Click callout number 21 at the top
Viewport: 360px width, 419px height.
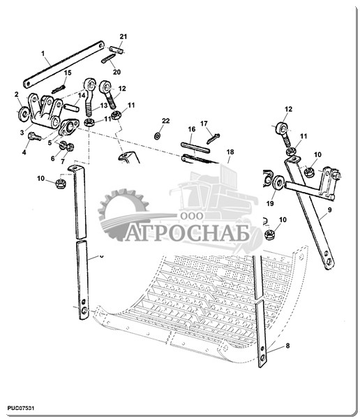pyautogui.click(x=123, y=36)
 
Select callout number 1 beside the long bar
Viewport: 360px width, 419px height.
pyautogui.click(x=43, y=54)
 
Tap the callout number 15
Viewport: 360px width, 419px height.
pyautogui.click(x=68, y=73)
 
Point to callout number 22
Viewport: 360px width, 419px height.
pyautogui.click(x=165, y=121)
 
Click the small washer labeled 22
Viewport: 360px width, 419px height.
pyautogui.click(x=157, y=136)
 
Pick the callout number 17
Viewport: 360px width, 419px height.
pyautogui.click(x=204, y=124)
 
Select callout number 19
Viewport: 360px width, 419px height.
pyautogui.click(x=270, y=203)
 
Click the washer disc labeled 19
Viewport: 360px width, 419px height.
pyautogui.click(x=278, y=182)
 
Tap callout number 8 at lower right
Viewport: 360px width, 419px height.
pyautogui.click(x=287, y=346)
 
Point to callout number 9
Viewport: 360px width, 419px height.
pyautogui.click(x=329, y=210)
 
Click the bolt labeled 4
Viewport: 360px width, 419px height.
pyautogui.click(x=35, y=137)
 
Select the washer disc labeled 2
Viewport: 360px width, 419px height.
pyautogui.click(x=24, y=115)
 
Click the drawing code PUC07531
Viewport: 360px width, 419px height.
pyautogui.click(x=20, y=408)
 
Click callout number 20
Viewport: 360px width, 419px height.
pyautogui.click(x=117, y=72)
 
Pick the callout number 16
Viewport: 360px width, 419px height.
pyautogui.click(x=191, y=129)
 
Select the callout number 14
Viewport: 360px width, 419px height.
pyautogui.click(x=81, y=95)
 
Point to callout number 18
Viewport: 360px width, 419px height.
pyautogui.click(x=230, y=152)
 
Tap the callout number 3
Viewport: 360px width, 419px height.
pyautogui.click(x=22, y=133)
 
